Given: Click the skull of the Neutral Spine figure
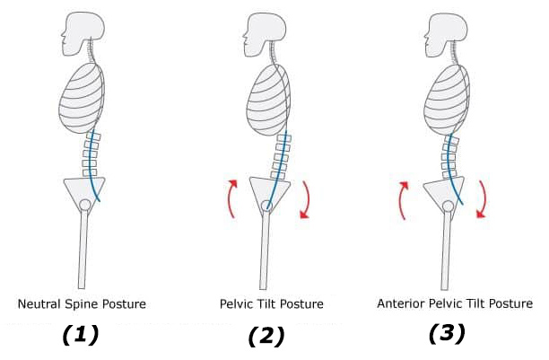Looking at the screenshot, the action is [84, 32].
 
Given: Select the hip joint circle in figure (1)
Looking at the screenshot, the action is [85, 205].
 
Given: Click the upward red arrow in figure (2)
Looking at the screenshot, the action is [231, 198].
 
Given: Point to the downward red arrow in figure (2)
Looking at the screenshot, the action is [307, 200].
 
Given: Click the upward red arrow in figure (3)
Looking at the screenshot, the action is [402, 200].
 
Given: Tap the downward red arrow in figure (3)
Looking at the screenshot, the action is [484, 199].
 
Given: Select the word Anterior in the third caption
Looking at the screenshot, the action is [401, 303].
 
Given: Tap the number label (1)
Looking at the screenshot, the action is [81, 334].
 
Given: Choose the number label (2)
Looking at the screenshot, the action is [266, 336].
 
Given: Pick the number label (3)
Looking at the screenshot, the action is [447, 333].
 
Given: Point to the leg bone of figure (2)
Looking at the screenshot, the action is [265, 250].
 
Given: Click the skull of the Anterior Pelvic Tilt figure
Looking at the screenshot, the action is [446, 34].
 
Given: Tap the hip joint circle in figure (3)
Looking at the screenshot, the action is [448, 206].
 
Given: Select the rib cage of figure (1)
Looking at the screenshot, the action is [82, 99].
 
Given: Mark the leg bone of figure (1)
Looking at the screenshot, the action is [83, 249].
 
